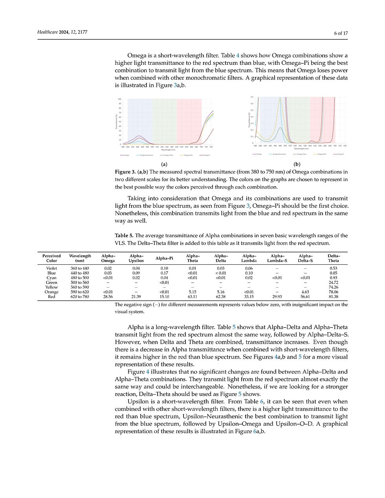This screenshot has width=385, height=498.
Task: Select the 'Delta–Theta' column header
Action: [333, 258]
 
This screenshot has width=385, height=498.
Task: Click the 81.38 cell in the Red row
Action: [333, 297]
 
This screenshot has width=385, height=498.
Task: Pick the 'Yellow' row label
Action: [51, 287]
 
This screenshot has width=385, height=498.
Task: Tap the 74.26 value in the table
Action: [333, 287]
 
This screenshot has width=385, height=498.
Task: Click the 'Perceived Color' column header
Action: [51, 258]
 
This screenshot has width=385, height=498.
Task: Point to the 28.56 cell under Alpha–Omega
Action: [108, 297]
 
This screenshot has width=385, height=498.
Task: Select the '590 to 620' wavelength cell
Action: [80, 292]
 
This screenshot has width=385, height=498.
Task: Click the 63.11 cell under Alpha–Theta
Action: [192, 297]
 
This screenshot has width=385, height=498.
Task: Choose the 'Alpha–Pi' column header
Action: [164, 258]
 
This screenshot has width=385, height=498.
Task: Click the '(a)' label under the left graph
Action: [164, 164]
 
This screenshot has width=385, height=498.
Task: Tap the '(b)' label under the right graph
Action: [297, 164]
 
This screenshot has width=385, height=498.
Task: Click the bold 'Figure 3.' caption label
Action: [125, 172]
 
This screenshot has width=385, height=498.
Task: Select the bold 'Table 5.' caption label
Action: [124, 236]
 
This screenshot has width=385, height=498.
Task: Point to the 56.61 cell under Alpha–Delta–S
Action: [305, 297]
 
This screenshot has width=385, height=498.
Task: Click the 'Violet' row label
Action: [51, 268]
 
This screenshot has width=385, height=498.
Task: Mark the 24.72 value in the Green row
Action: [333, 282]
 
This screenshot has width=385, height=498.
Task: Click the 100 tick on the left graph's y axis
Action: [119, 99]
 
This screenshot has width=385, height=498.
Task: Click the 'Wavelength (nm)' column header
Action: [80, 258]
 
